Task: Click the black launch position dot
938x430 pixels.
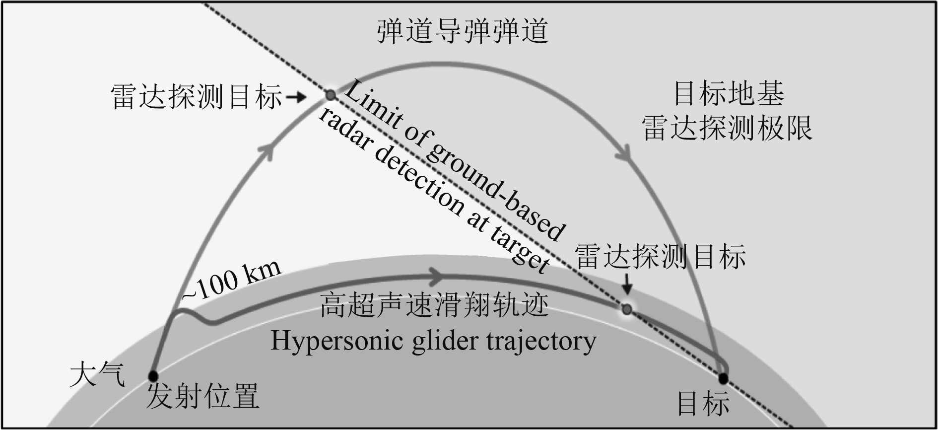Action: (153, 375)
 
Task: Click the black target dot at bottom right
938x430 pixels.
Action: (723, 379)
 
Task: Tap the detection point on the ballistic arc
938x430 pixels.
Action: (330, 94)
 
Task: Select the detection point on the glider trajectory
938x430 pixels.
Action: (627, 309)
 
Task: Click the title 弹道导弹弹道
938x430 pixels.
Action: (462, 31)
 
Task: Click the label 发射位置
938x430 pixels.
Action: (203, 397)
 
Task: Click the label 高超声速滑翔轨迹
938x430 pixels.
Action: (434, 305)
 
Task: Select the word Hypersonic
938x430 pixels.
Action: (337, 342)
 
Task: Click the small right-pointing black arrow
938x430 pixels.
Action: (297, 97)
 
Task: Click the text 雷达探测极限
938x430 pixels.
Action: (727, 128)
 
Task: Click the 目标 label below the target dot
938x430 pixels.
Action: (704, 403)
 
